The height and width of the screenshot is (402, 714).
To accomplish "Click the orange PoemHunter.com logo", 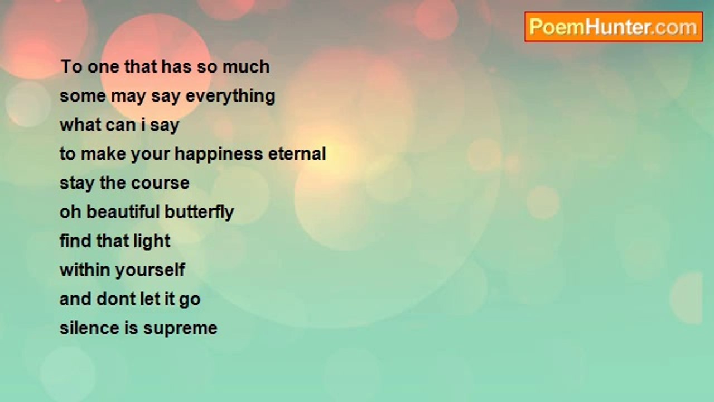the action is (x=614, y=27).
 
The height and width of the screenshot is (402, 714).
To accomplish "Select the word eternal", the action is (x=297, y=154).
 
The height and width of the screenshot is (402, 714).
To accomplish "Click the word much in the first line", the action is (x=246, y=67).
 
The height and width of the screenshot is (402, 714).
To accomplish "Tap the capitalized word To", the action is (x=71, y=67).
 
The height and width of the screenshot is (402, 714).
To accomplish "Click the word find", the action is (x=75, y=241).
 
